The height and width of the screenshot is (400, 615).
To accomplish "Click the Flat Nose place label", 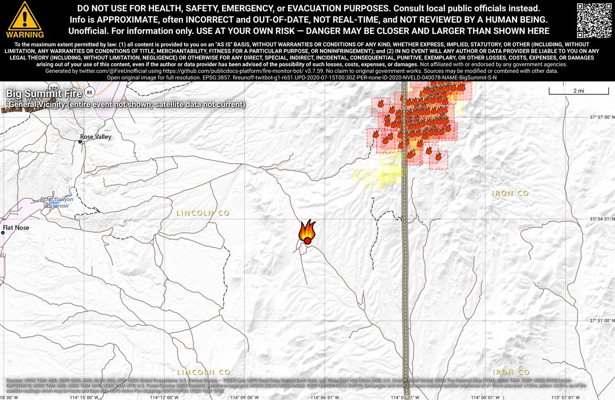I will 16,228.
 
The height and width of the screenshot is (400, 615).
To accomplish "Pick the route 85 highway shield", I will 90,92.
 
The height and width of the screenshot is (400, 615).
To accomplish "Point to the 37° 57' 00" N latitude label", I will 601,117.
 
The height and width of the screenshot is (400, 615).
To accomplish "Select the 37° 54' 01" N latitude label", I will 601,219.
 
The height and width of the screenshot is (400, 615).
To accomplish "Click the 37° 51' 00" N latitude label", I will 601,321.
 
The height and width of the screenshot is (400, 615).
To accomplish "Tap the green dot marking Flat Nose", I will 3,233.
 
